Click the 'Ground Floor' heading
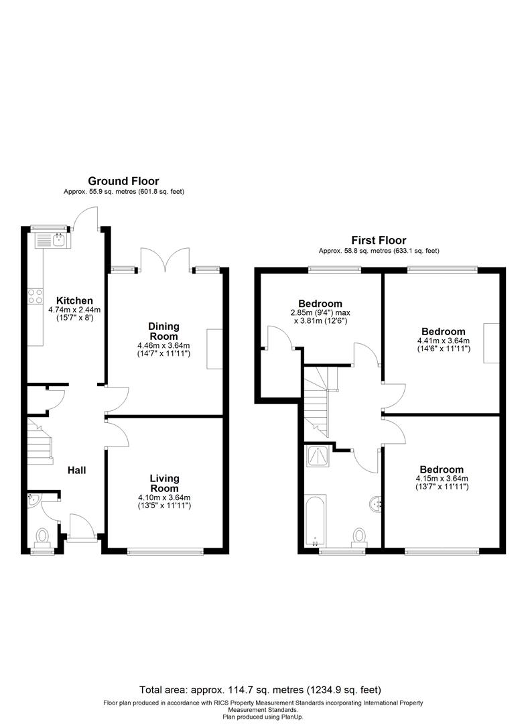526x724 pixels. pyautogui.click(x=124, y=181)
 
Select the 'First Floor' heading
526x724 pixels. pyautogui.click(x=379, y=240)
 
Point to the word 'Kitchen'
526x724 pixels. pyautogui.click(x=74, y=300)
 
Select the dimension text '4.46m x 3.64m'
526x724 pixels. pyautogui.click(x=163, y=345)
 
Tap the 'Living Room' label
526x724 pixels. pyautogui.click(x=163, y=483)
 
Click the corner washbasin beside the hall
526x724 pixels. pyautogui.click(x=34, y=499)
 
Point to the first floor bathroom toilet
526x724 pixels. pyautogui.click(x=360, y=536)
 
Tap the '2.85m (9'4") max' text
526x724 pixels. pyautogui.click(x=320, y=312)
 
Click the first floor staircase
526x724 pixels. pyautogui.click(x=319, y=402)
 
